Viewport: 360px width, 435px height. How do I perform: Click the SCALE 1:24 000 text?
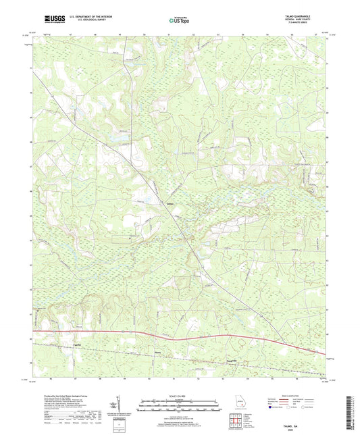point(180,396)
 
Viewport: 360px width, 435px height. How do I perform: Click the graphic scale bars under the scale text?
point(180,407)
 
